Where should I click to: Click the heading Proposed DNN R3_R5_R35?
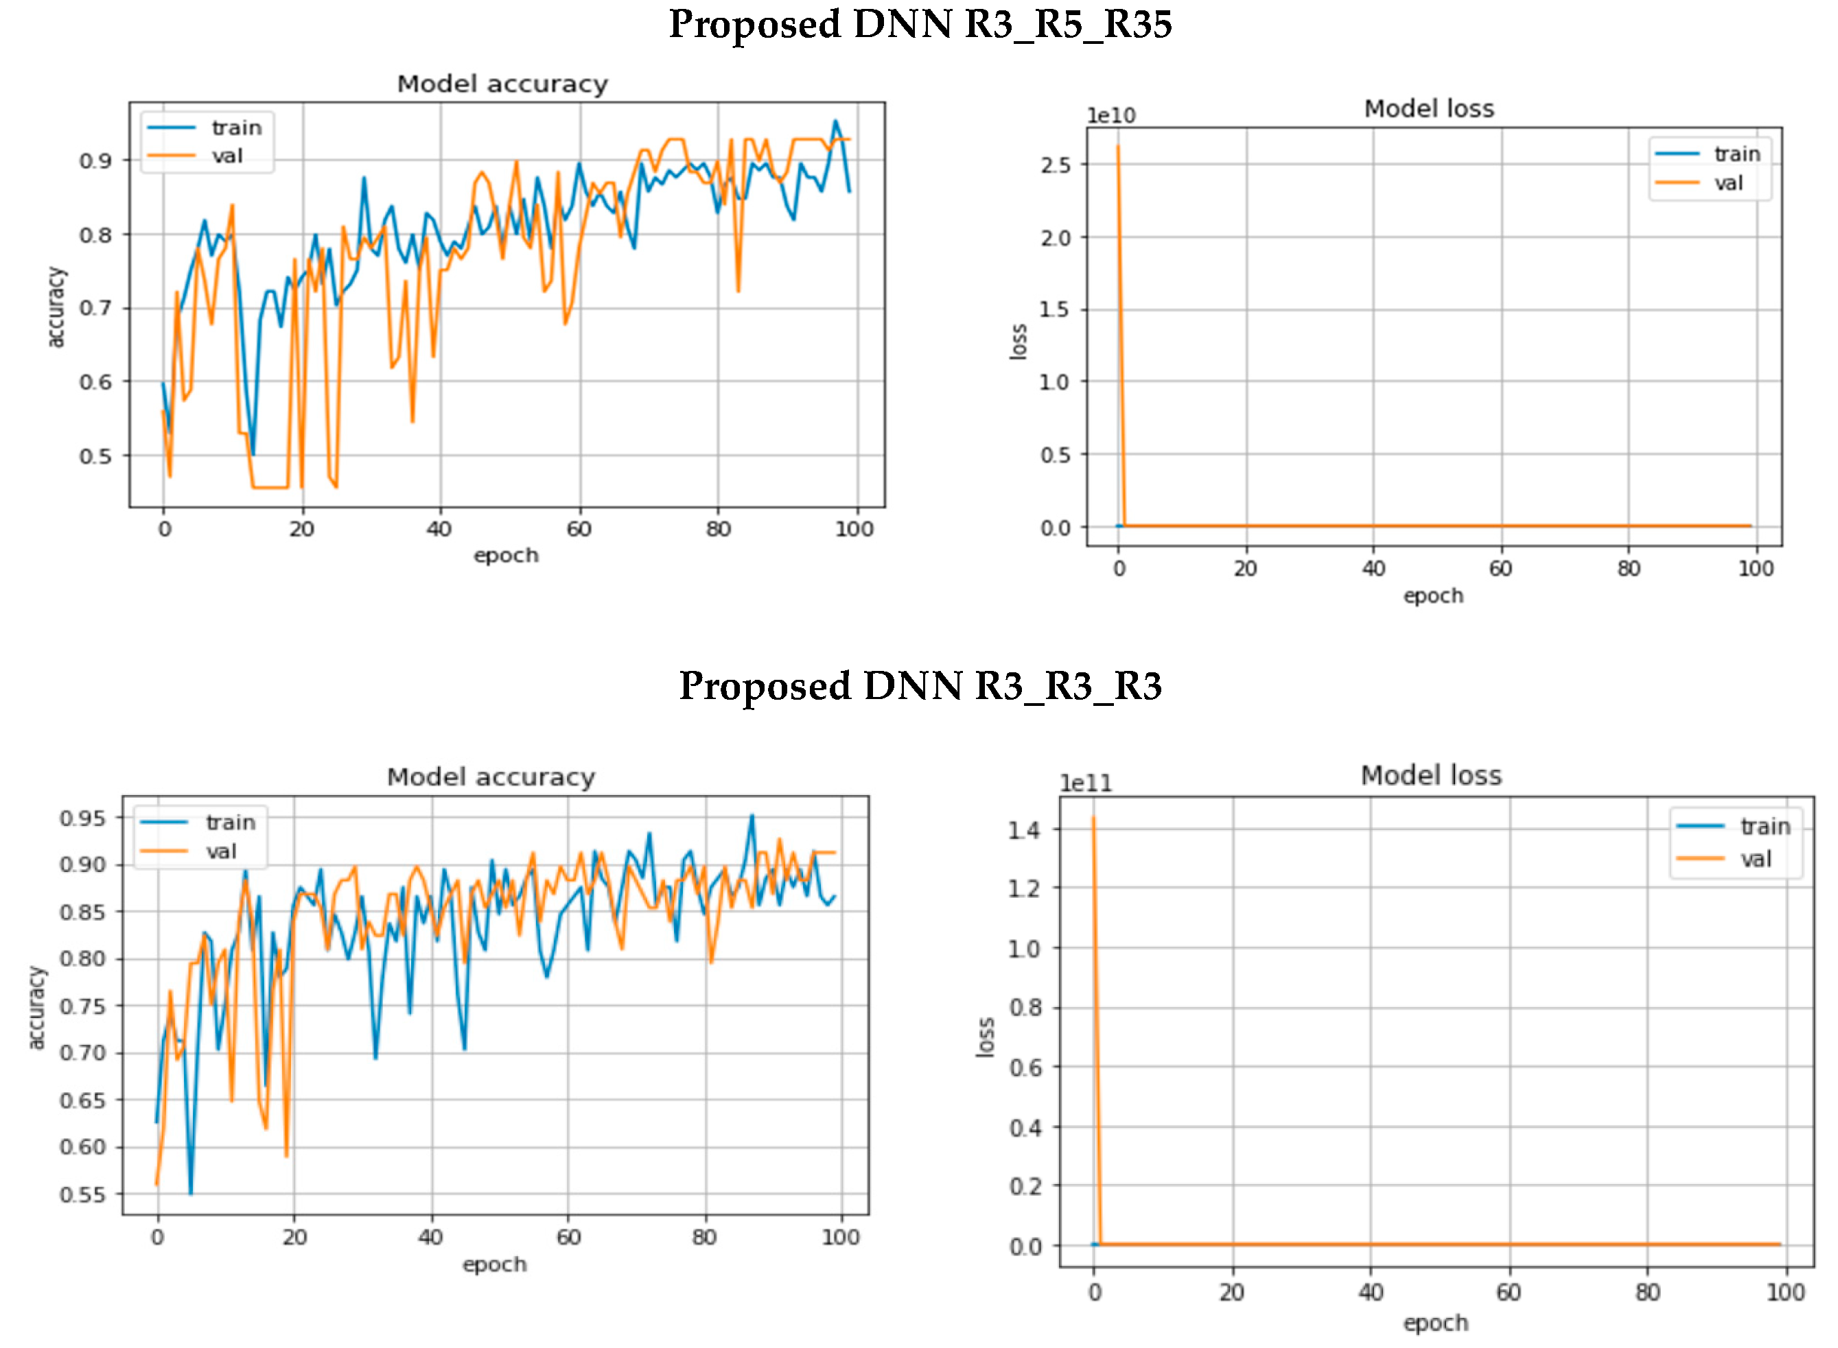[x=920, y=25]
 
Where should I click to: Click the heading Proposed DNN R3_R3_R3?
[x=920, y=685]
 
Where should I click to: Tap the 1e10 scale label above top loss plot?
[x=1110, y=116]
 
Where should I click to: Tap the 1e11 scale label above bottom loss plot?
[x=1086, y=783]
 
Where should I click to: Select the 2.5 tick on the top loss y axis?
[x=1056, y=165]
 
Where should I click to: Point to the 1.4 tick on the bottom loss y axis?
[x=1023, y=831]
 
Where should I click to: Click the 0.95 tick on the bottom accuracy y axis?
[x=82, y=818]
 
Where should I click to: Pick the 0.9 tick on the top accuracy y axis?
[x=95, y=161]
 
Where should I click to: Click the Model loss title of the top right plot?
[x=1428, y=108]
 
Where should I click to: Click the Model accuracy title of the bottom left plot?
[x=491, y=777]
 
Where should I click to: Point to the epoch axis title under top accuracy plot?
[x=506, y=555]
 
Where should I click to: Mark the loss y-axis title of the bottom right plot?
[x=985, y=1037]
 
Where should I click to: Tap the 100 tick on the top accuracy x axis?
[x=854, y=529]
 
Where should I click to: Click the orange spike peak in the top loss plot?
[x=1117, y=147]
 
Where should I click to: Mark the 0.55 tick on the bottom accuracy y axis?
[x=82, y=1194]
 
